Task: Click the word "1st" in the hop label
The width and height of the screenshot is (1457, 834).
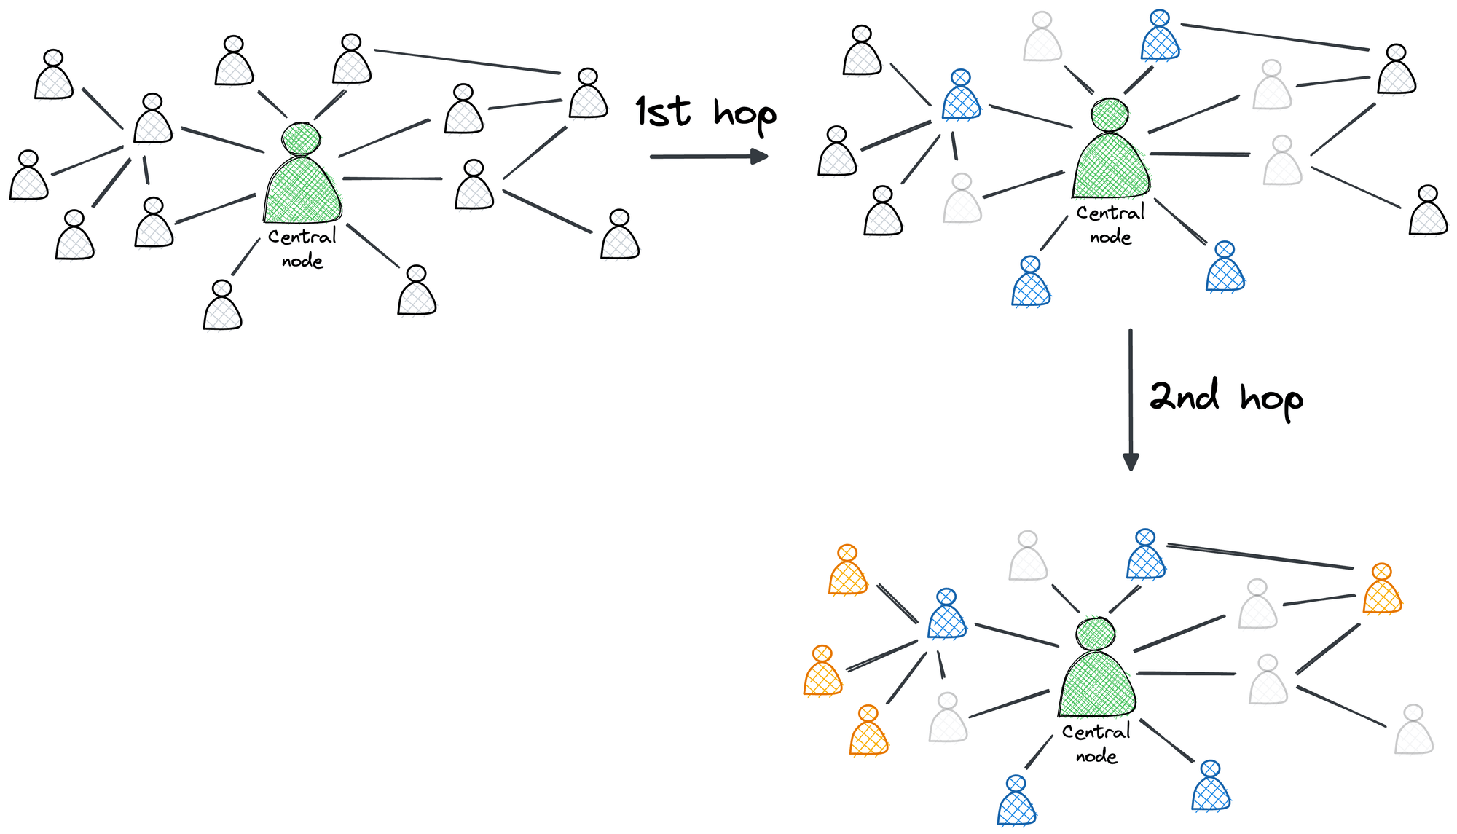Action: (662, 112)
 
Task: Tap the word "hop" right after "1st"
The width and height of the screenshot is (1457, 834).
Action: (745, 115)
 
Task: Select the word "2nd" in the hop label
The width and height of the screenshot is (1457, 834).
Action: (1184, 396)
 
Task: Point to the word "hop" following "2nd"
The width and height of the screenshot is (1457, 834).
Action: (1271, 399)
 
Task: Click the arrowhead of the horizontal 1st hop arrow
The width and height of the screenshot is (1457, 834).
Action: (759, 156)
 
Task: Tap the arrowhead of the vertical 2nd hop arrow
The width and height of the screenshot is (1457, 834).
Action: (1131, 462)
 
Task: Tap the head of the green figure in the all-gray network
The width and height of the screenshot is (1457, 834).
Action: (302, 138)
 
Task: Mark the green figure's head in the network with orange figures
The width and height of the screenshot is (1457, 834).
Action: (1096, 634)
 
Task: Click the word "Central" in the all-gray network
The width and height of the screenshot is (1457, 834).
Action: (302, 237)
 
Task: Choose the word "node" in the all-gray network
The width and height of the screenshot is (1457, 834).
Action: (302, 261)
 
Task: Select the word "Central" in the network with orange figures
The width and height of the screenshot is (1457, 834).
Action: (1096, 732)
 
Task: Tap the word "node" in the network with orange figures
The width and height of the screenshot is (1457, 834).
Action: (1096, 756)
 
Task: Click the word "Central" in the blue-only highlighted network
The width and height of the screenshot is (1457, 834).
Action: (1110, 213)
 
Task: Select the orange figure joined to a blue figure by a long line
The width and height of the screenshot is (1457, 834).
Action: (1381, 591)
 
